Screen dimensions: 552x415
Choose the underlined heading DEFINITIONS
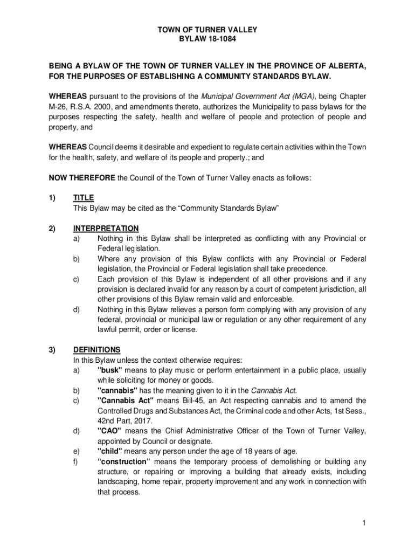coord(97,349)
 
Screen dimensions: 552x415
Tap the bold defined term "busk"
coord(110,370)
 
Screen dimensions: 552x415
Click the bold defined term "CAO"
coord(109,431)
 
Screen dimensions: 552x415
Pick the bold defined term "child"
coord(110,451)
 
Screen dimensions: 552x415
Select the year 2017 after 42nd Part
coord(141,420)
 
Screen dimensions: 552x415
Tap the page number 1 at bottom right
coord(364,523)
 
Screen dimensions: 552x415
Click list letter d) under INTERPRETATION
coord(77,309)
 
